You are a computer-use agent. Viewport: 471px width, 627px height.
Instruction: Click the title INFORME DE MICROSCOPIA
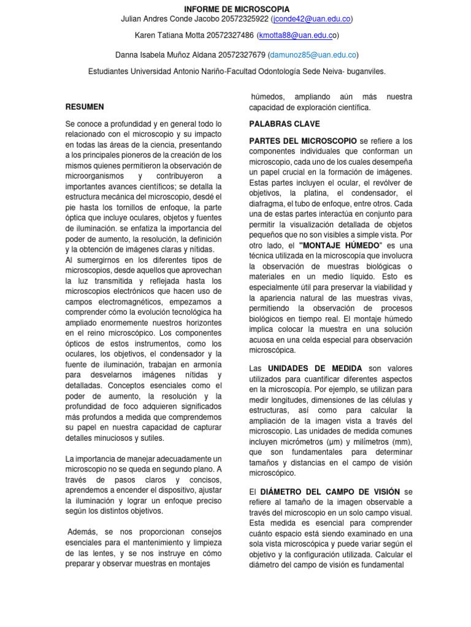237,9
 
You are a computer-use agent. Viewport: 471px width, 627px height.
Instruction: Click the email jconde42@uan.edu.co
312,19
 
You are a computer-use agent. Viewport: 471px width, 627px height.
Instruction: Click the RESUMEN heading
85,107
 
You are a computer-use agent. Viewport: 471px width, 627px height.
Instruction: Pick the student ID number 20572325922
241,19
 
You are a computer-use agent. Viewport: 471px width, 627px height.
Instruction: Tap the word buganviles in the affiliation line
366,71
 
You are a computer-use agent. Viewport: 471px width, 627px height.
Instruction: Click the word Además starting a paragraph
83,532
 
